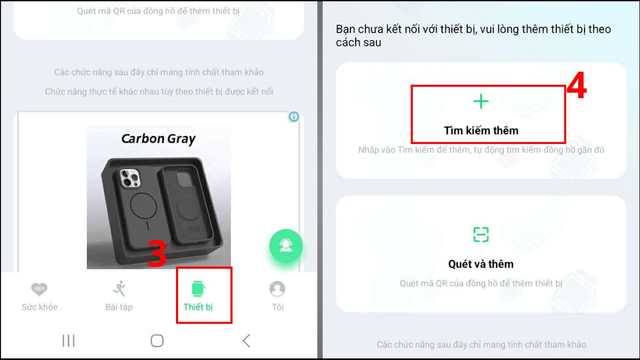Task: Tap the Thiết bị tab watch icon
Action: pyautogui.click(x=198, y=289)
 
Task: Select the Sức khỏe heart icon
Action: pyautogui.click(x=39, y=289)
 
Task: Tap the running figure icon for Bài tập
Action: pyautogui.click(x=119, y=289)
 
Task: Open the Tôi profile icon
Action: pyautogui.click(x=277, y=289)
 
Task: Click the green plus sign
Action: pyautogui.click(x=481, y=101)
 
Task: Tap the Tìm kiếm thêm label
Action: pyautogui.click(x=481, y=131)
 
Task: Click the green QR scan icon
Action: pyautogui.click(x=481, y=235)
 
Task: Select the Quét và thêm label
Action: pyautogui.click(x=481, y=264)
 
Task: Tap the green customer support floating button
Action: pyautogui.click(x=286, y=246)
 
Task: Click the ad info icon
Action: pyautogui.click(x=294, y=117)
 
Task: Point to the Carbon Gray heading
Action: pyautogui.click(x=158, y=139)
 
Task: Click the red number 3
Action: pyautogui.click(x=157, y=253)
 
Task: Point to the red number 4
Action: pyautogui.click(x=577, y=85)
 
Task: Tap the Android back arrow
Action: pyautogui.click(x=246, y=341)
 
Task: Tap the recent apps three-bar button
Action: pyautogui.click(x=69, y=341)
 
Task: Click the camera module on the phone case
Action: pyautogui.click(x=130, y=178)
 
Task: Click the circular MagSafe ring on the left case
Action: pyautogui.click(x=143, y=206)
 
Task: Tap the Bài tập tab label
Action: pyautogui.click(x=119, y=307)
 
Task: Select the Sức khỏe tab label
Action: pyautogui.click(x=39, y=307)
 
